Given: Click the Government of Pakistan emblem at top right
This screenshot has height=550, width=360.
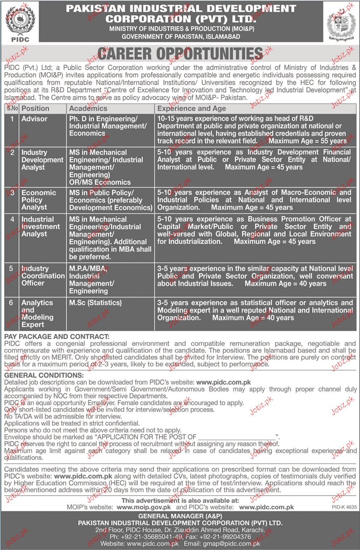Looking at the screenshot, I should [341, 23].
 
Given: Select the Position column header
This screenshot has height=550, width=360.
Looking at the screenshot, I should [35, 108].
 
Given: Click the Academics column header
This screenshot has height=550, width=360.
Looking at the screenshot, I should [88, 108].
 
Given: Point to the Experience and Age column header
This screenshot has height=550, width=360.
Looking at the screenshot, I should [191, 108].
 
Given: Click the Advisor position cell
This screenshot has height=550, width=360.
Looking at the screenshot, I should [34, 119].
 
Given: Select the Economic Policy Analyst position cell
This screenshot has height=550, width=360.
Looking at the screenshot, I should [38, 200].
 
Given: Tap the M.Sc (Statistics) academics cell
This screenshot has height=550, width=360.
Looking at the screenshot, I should [95, 303].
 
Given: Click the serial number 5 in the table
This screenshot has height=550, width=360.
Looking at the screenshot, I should [11, 269].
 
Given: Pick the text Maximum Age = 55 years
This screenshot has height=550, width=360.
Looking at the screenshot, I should [307, 141].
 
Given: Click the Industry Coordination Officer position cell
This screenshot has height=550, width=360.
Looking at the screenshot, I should [43, 276].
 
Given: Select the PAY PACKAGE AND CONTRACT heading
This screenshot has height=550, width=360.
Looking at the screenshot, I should [56, 337].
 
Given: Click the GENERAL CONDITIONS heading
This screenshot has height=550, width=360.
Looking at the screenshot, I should [44, 376].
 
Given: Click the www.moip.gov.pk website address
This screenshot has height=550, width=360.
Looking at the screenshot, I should [144, 507].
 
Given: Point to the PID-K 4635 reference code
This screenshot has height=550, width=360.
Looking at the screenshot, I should [344, 508].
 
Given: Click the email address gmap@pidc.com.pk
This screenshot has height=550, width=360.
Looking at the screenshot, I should [227, 543].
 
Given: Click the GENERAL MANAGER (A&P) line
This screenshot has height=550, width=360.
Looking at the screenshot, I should [180, 516].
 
